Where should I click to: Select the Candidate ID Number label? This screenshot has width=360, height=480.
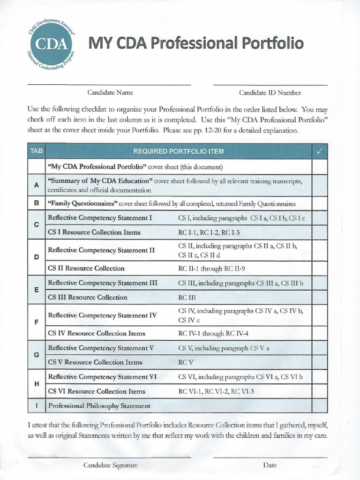tap(270, 93)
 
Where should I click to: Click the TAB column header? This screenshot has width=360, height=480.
tap(37, 151)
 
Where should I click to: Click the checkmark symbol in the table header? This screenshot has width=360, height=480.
tap(320, 151)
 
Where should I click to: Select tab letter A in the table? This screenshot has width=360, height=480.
tap(37, 185)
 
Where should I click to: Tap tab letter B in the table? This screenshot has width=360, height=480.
tap(37, 204)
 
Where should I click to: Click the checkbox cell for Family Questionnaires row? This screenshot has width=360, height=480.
tap(320, 204)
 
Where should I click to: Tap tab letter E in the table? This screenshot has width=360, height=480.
tap(37, 290)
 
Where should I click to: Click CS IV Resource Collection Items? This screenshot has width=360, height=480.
tap(97, 333)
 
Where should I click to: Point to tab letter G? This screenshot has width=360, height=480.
tap(37, 355)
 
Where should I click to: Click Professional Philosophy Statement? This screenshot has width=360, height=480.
tap(99, 406)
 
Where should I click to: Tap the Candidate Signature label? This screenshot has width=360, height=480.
tap(110, 465)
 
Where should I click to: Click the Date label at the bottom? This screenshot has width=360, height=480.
tap(270, 465)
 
